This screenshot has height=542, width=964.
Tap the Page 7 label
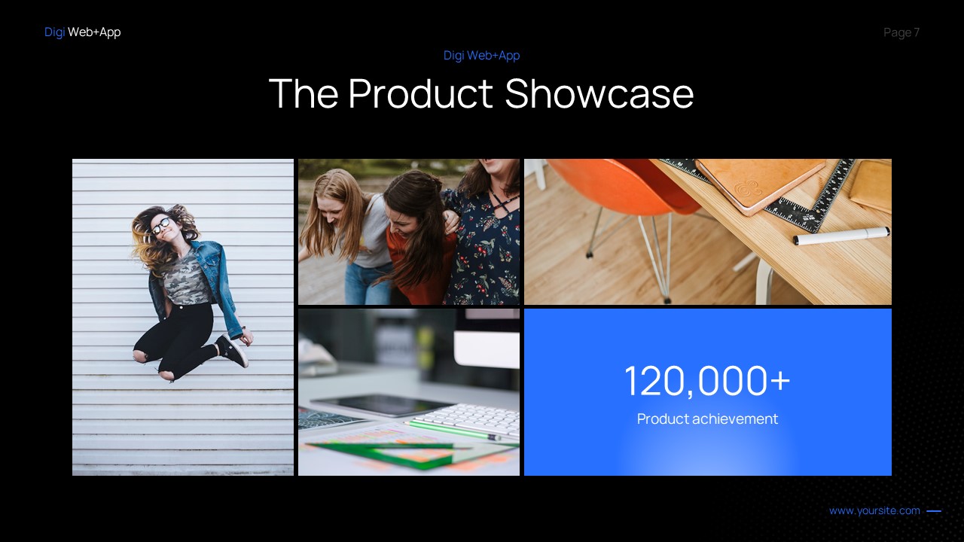point(901,32)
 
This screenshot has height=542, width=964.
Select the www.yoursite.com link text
point(874,511)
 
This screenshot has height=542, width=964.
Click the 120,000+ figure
point(707,381)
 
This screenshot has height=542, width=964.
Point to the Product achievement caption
point(707,419)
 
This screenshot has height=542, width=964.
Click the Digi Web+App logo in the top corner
point(82,32)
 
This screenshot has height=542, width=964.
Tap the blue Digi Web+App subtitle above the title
point(481,56)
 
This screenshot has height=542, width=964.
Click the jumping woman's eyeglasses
point(160,224)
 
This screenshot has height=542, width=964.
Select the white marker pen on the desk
point(840,236)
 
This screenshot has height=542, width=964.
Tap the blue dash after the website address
point(934,511)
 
